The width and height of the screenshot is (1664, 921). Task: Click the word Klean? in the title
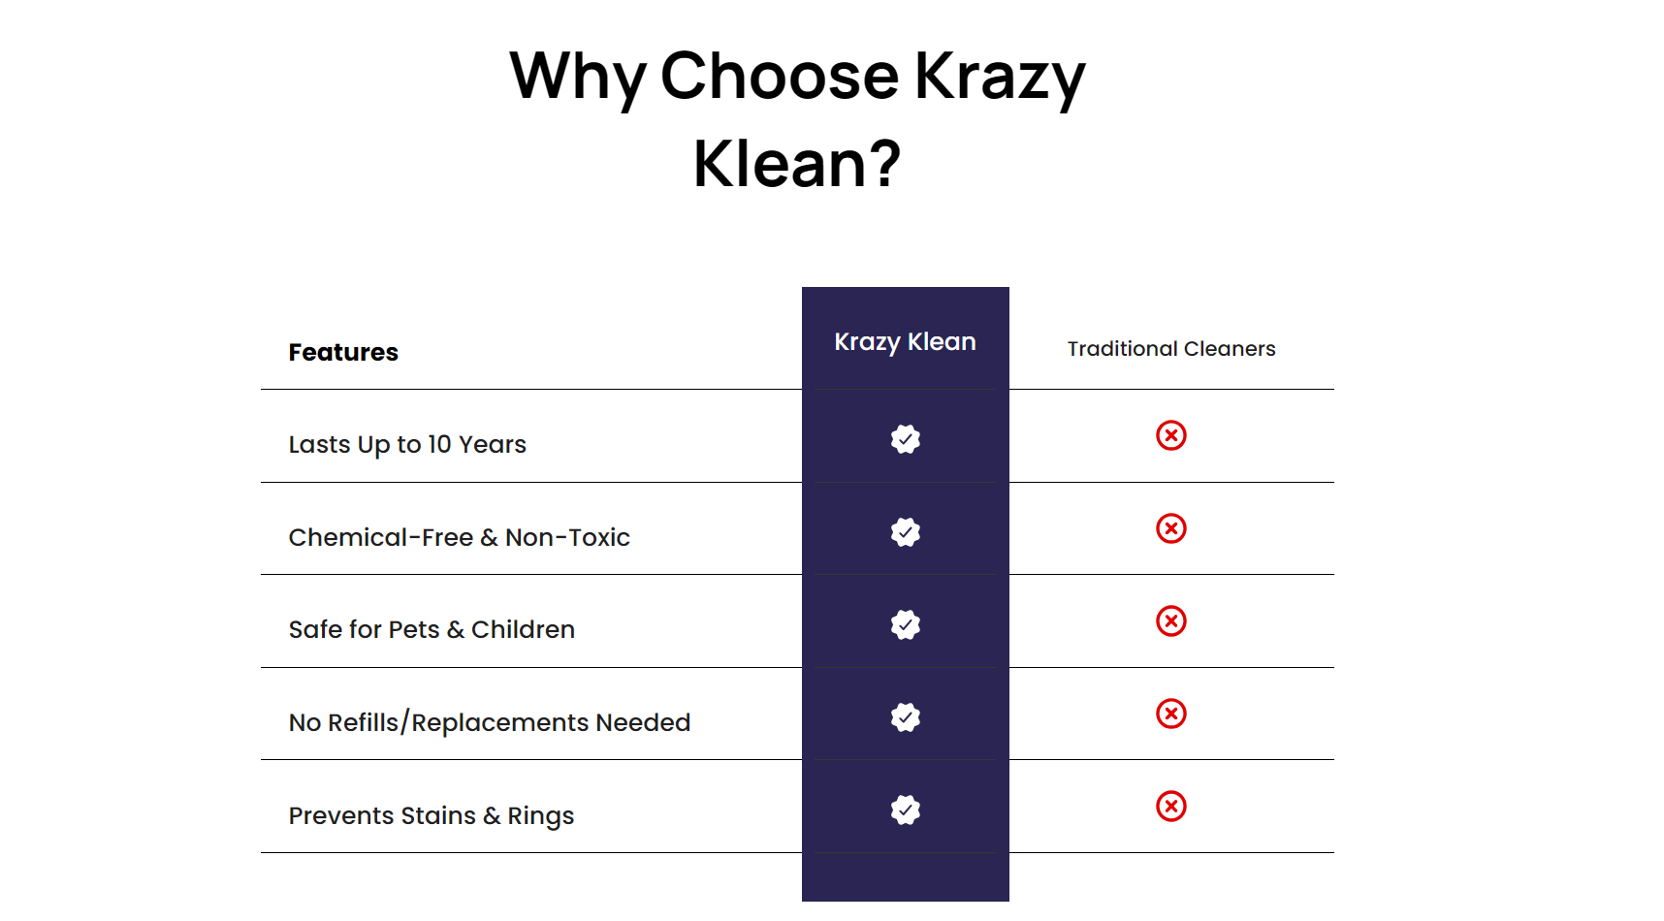[797, 163]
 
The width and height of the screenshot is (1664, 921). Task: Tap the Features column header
[343, 352]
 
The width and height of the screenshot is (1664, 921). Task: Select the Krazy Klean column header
[905, 342]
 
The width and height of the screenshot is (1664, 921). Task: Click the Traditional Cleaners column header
[1171, 348]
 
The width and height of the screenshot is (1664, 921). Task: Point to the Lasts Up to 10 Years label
[407, 444]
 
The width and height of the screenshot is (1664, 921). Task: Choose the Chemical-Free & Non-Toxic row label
[459, 537]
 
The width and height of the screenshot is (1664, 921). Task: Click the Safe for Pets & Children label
[432, 629]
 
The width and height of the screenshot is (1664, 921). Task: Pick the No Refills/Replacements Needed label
[490, 722]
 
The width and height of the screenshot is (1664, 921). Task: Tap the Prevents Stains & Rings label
[432, 815]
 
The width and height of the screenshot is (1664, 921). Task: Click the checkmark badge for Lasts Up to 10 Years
[906, 439]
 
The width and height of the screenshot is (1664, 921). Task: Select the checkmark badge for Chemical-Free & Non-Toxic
[906, 532]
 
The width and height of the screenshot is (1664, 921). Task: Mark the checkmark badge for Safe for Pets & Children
[906, 624]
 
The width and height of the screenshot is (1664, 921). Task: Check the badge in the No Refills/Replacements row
[906, 717]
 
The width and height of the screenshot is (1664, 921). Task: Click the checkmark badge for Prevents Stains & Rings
[906, 810]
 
